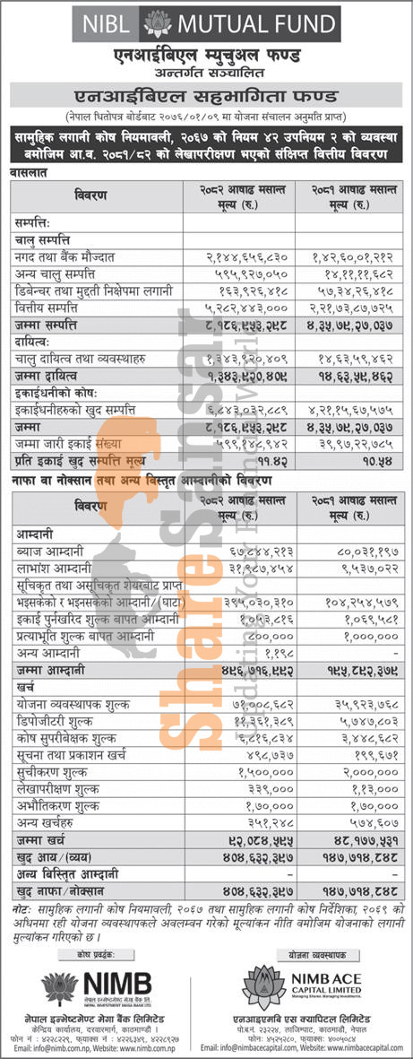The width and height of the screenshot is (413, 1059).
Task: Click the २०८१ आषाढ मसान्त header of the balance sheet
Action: tap(356, 194)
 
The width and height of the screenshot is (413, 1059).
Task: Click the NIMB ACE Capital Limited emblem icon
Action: tap(262, 986)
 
